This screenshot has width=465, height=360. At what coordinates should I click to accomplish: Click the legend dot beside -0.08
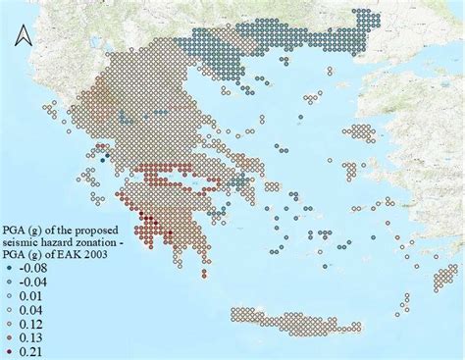coord(10,268)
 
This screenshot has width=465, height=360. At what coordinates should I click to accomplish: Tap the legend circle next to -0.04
coord(10,282)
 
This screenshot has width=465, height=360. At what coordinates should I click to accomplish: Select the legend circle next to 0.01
coord(10,295)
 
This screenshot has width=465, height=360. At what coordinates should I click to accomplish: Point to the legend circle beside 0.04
coord(10,309)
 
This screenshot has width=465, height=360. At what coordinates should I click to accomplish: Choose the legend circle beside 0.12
coord(10,323)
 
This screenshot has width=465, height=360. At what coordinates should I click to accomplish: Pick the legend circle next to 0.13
coord(10,336)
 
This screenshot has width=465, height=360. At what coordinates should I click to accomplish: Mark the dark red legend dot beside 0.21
coord(10,350)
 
